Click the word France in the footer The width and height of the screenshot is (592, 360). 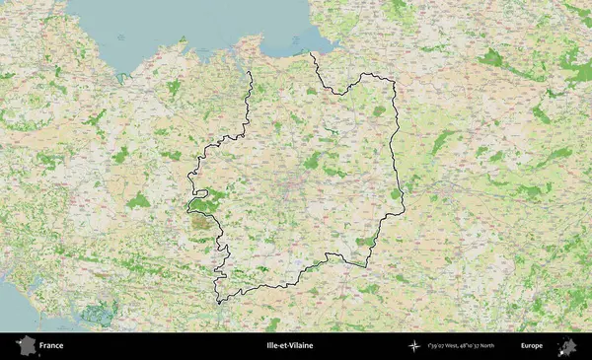(52, 346)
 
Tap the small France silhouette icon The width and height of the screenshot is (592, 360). (24, 346)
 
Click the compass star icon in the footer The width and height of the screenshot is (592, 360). (413, 346)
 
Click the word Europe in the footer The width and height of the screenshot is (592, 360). (532, 346)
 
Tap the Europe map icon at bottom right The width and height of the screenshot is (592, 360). (567, 346)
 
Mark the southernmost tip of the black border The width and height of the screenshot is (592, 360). (219, 304)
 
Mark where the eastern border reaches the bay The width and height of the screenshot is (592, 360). (313, 53)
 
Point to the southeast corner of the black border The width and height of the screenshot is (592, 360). (367, 264)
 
